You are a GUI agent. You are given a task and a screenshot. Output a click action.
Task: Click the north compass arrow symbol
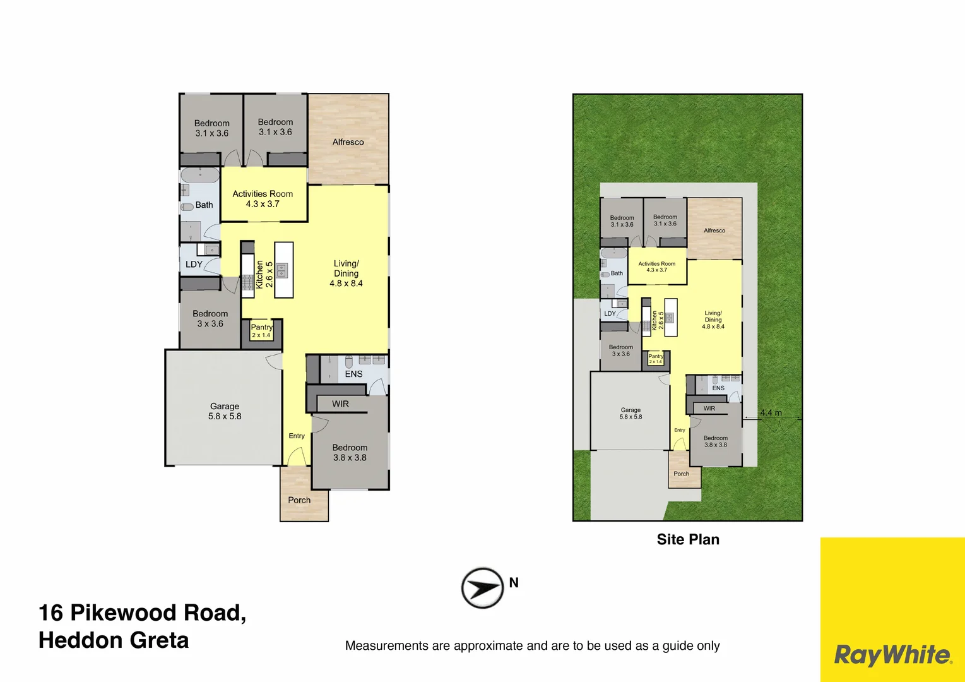[x=482, y=588]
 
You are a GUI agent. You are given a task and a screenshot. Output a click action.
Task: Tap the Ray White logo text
[x=892, y=655]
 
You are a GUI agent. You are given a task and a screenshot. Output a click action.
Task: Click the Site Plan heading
[x=688, y=539]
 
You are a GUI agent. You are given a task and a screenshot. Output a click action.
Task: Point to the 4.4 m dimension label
[x=771, y=413]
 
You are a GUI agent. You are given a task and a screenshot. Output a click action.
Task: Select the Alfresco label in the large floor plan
[x=348, y=142]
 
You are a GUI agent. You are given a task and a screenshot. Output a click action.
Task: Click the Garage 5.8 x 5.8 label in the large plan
[x=225, y=411]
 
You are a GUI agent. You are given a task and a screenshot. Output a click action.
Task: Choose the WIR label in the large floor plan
[x=340, y=404]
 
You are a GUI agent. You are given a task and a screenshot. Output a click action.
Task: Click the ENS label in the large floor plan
[x=353, y=374]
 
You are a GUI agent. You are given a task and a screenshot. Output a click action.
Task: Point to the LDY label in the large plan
[x=194, y=265]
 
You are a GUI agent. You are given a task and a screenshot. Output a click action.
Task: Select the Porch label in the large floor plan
[x=299, y=500]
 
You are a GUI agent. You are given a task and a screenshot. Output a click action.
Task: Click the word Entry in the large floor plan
[x=297, y=436]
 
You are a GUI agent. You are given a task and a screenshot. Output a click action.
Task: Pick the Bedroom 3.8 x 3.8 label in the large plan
[x=350, y=452]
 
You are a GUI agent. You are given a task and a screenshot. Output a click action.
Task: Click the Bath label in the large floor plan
[x=204, y=205]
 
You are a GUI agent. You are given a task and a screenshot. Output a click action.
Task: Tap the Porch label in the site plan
[x=681, y=474]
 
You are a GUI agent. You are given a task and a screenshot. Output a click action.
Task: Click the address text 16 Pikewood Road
[x=142, y=613]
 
